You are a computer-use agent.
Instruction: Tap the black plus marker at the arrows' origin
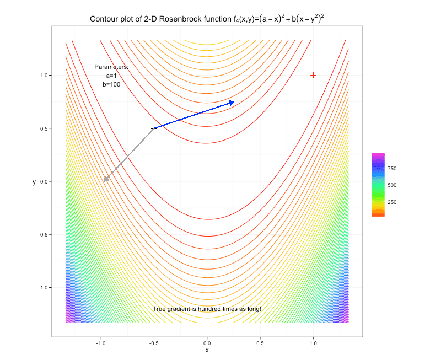pyautogui.click(x=154, y=128)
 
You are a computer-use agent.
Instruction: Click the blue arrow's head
pyautogui.click(x=232, y=103)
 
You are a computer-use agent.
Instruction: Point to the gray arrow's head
pyautogui.click(x=106, y=179)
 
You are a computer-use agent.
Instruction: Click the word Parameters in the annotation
pyautogui.click(x=111, y=67)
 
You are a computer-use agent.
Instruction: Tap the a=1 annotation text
pyautogui.click(x=111, y=76)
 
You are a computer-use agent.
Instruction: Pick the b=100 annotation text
pyautogui.click(x=111, y=84)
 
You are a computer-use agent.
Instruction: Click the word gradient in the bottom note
pyautogui.click(x=179, y=309)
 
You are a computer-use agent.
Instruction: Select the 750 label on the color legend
pyautogui.click(x=392, y=169)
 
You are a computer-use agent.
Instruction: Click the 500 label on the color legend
pyautogui.click(x=392, y=185)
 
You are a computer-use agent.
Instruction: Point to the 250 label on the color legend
pyautogui.click(x=392, y=202)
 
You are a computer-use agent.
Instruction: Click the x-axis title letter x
pyautogui.click(x=207, y=350)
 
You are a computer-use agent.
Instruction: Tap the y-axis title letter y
pyautogui.click(x=34, y=182)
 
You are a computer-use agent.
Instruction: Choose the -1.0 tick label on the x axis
pyautogui.click(x=101, y=343)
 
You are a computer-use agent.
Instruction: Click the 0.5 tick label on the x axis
pyautogui.click(x=260, y=343)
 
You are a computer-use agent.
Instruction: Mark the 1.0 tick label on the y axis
pyautogui.click(x=45, y=76)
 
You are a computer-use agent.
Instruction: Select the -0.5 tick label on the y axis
pyautogui.click(x=44, y=234)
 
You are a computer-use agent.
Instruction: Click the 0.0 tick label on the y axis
pyautogui.click(x=45, y=181)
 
